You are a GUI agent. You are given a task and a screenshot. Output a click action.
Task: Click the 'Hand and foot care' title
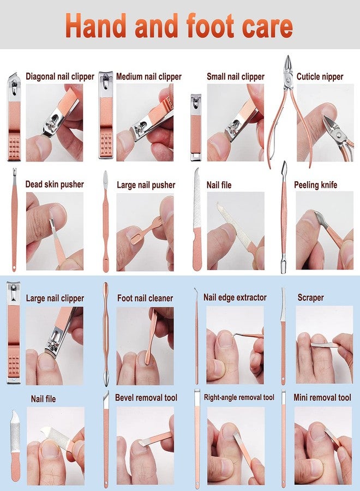[179, 26]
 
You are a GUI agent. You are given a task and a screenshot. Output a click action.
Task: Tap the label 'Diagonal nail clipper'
[60, 76]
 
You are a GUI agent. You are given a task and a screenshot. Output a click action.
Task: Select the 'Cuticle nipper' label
[320, 77]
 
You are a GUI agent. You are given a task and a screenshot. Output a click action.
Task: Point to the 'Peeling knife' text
[316, 185]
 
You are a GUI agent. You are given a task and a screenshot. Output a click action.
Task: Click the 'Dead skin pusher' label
[55, 184]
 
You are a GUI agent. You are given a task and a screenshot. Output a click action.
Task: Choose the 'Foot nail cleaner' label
[145, 298]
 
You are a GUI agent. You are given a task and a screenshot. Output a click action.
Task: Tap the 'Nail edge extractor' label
[235, 297]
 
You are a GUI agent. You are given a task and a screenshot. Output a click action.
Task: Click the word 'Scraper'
[310, 297]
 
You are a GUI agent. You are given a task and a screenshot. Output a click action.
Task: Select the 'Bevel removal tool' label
[146, 398]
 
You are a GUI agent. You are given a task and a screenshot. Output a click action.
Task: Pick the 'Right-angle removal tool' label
[239, 397]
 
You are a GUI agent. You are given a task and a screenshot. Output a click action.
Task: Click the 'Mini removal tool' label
[322, 397]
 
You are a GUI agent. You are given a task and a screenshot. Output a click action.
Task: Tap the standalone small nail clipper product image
[196, 127]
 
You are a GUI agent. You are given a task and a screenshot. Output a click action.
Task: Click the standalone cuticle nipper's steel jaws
[287, 67]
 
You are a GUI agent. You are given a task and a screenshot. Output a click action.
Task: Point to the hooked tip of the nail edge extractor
[196, 290]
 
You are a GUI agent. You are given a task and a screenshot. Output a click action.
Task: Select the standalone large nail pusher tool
[106, 221]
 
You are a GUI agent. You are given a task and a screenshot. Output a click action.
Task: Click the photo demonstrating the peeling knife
[325, 231]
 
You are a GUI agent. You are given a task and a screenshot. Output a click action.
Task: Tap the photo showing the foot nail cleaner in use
[145, 346]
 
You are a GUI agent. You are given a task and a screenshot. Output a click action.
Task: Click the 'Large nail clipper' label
[55, 298]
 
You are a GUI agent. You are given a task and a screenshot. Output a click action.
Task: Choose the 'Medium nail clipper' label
[149, 76]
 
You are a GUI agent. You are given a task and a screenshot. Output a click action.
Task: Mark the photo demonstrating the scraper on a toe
[325, 345]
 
